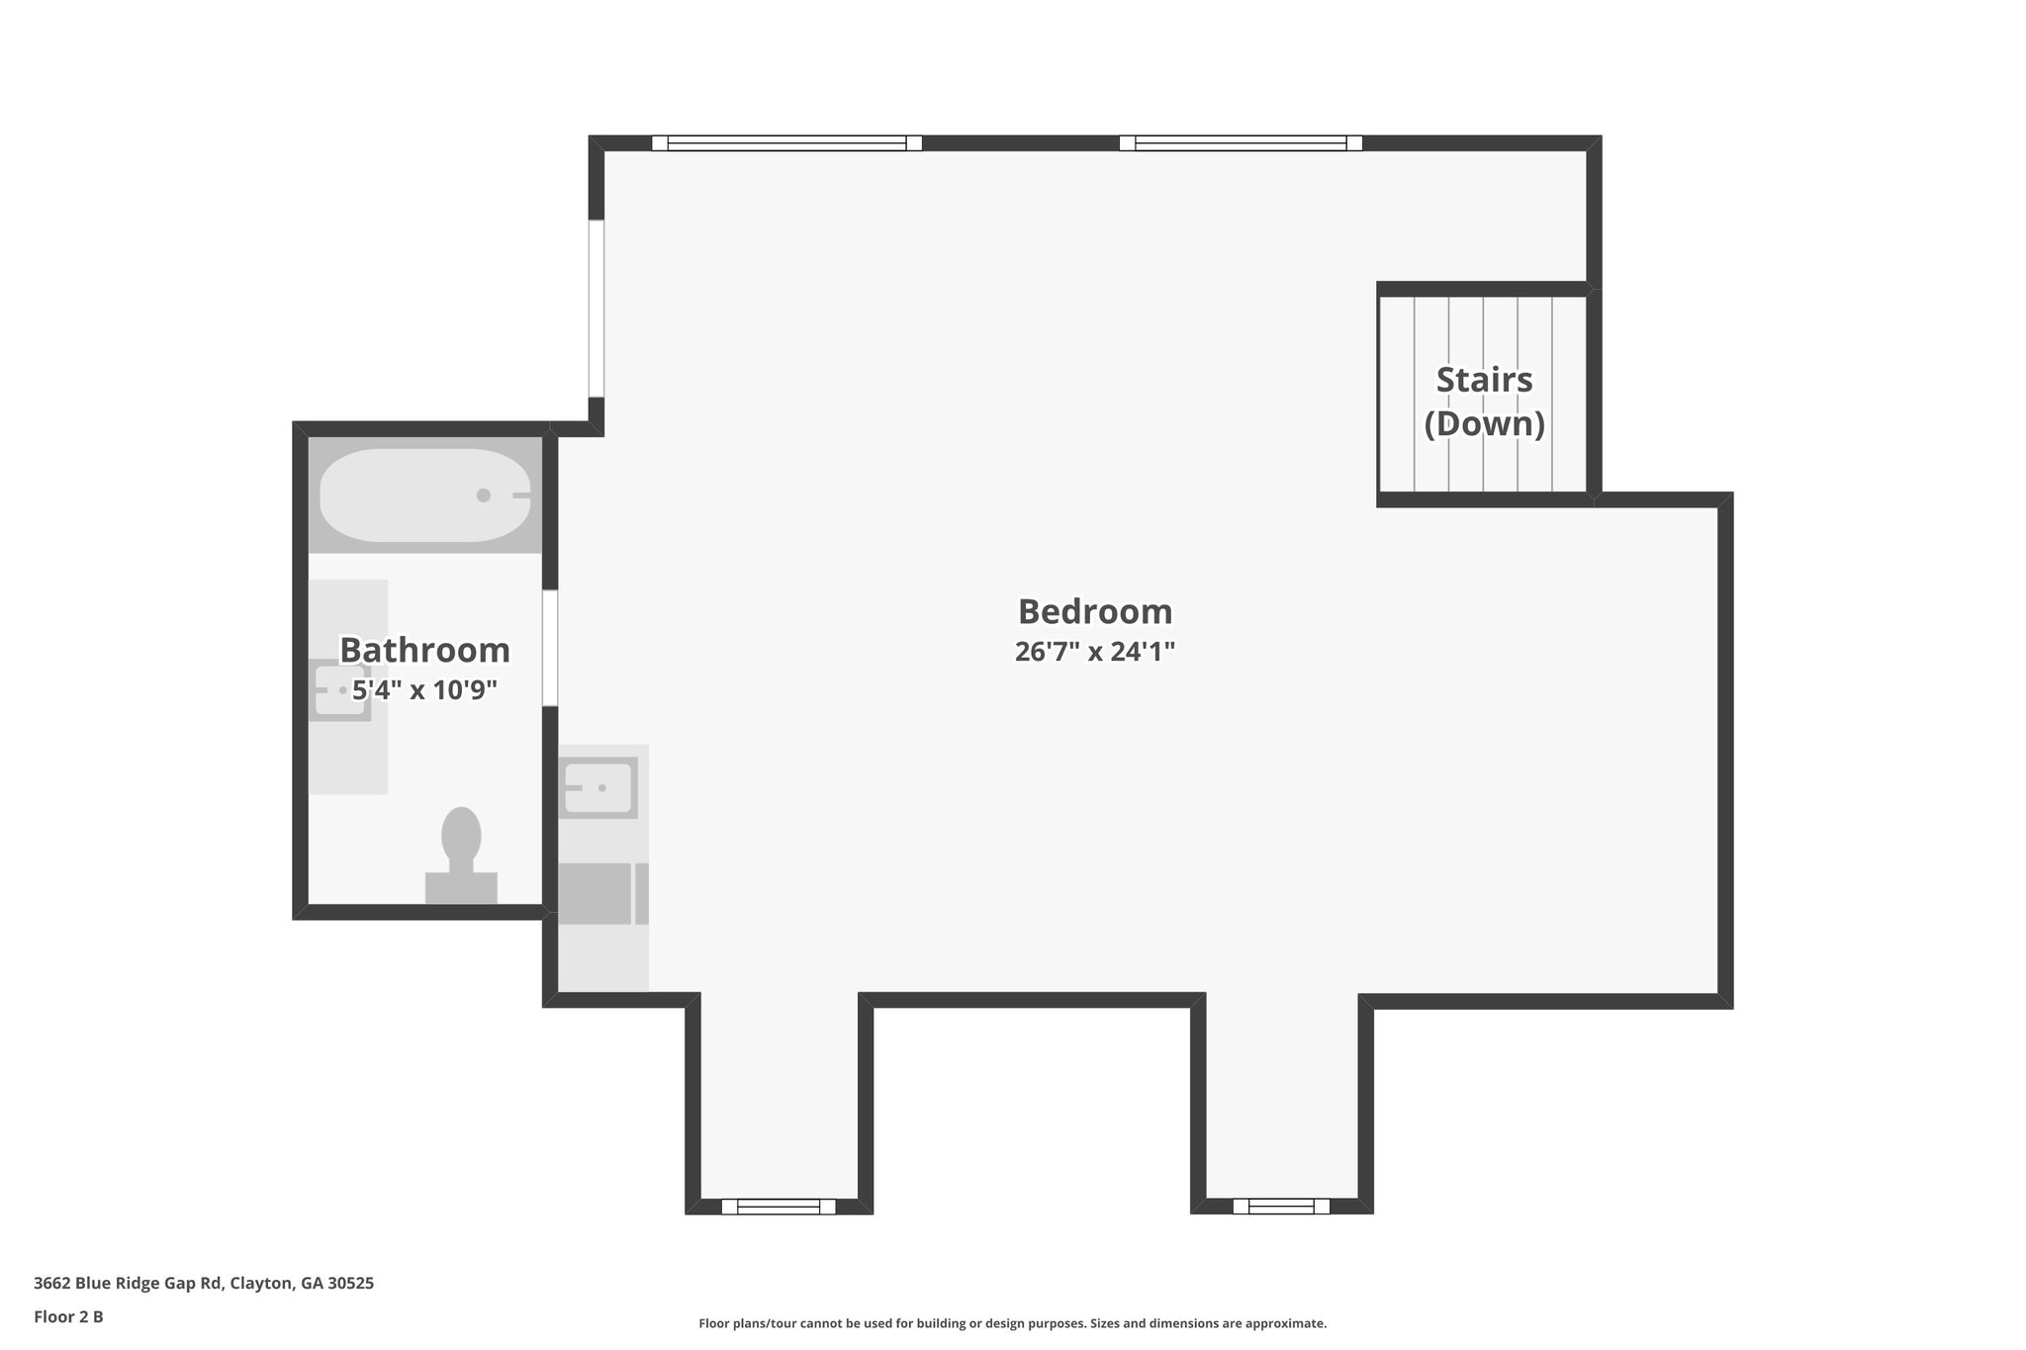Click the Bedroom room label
1094,611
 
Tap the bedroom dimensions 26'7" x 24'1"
1094,652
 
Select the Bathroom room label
424,650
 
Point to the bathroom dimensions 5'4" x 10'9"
424,689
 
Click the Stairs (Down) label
1484,401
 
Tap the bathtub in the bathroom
424,495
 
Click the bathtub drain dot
483,495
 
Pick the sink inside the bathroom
338,689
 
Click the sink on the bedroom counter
598,788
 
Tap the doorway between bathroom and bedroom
550,648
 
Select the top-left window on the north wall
786,143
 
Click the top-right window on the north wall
1240,143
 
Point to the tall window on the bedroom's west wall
597,308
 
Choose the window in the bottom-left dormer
778,1206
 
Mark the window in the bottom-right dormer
1280,1206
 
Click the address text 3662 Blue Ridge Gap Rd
204,1284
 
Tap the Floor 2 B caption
68,1316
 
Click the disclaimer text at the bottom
1012,1323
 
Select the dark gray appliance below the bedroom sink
595,894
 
